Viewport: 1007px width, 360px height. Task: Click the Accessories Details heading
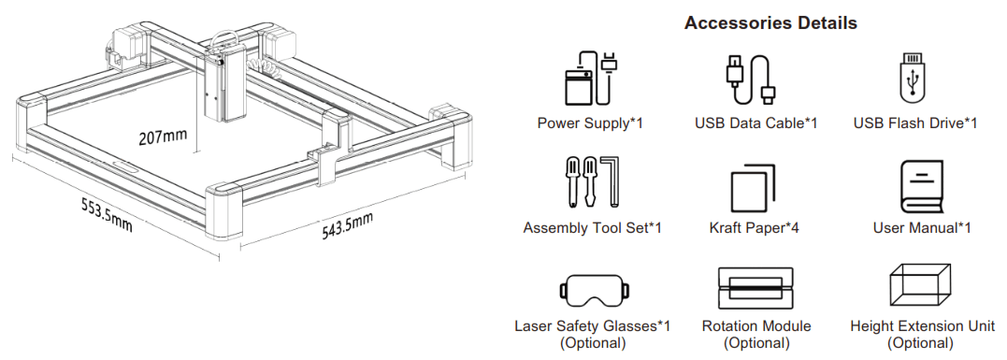pyautogui.click(x=770, y=22)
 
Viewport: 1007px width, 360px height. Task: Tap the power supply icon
pyautogui.click(x=590, y=79)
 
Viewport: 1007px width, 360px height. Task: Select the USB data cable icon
pyautogui.click(x=751, y=79)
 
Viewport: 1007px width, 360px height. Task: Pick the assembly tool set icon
pyautogui.click(x=591, y=182)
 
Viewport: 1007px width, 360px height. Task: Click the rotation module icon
pyautogui.click(x=755, y=288)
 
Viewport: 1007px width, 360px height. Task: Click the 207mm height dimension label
pyautogui.click(x=162, y=137)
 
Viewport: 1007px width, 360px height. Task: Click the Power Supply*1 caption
pyautogui.click(x=590, y=123)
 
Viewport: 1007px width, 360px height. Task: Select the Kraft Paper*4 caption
pyautogui.click(x=755, y=227)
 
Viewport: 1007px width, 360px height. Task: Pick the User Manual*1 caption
pyautogui.click(x=921, y=227)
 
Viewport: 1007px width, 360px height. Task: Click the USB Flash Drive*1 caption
pyautogui.click(x=915, y=123)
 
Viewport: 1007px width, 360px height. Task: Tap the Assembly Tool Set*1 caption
pyautogui.click(x=592, y=227)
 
